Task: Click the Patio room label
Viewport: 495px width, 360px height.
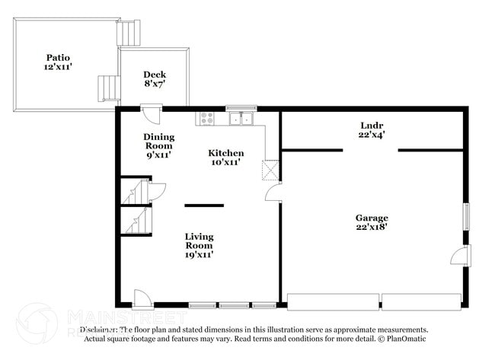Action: pyautogui.click(x=57, y=62)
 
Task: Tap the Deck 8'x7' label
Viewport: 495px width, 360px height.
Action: pyautogui.click(x=155, y=79)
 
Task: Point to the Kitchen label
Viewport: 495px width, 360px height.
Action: pyautogui.click(x=226, y=158)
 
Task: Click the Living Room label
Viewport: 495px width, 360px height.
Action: pyautogui.click(x=199, y=245)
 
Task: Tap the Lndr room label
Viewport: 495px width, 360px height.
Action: pyautogui.click(x=372, y=129)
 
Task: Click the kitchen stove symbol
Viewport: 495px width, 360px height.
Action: pyautogui.click(x=206, y=118)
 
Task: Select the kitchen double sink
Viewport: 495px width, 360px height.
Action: pyautogui.click(x=243, y=119)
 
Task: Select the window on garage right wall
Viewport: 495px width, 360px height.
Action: pyautogui.click(x=468, y=215)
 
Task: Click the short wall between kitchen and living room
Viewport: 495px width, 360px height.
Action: pyautogui.click(x=204, y=205)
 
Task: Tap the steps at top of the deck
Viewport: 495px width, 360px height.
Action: pyautogui.click(x=129, y=33)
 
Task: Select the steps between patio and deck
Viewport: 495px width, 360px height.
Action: pyautogui.click(x=108, y=88)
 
